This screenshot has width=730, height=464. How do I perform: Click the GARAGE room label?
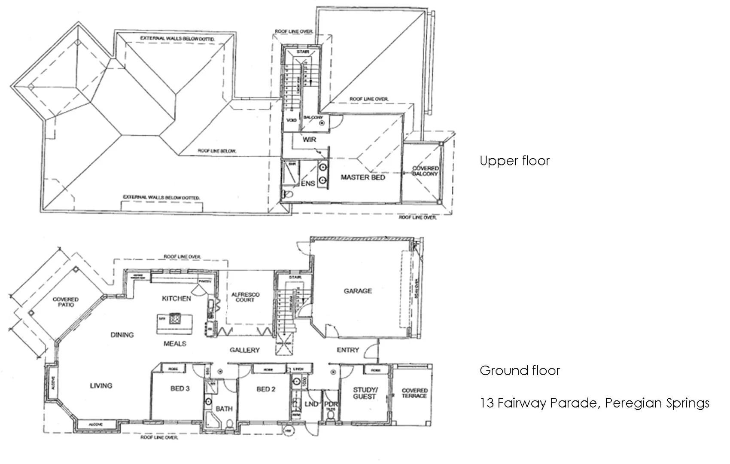[x=358, y=291]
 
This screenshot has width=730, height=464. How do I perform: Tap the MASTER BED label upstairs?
[x=363, y=177]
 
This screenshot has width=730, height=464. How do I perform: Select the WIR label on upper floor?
[x=309, y=140]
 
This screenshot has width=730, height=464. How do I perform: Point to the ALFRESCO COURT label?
[x=245, y=297]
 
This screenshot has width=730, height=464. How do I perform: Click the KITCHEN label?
[x=176, y=298]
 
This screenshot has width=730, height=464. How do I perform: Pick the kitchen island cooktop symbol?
[x=175, y=319]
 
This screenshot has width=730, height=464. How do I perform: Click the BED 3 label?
[x=180, y=388]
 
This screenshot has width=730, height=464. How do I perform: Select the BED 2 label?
[x=266, y=389]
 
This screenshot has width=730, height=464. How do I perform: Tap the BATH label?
[x=224, y=409]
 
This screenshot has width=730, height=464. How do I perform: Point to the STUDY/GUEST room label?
[x=365, y=393]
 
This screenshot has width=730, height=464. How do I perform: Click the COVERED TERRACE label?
[x=414, y=393]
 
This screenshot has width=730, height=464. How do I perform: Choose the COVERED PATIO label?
[x=66, y=302]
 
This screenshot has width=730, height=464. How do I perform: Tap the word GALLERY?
[x=244, y=350]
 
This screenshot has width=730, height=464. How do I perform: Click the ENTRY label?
[x=347, y=350]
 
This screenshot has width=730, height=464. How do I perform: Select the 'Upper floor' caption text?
[x=514, y=161]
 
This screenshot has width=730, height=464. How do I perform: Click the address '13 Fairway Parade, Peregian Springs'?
[x=594, y=403]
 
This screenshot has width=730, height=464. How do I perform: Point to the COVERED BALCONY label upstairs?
[x=425, y=171]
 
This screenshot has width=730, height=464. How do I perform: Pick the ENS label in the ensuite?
[x=308, y=183]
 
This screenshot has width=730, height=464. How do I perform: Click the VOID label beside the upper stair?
[x=291, y=120]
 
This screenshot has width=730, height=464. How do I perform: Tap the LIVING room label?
[x=101, y=385]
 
